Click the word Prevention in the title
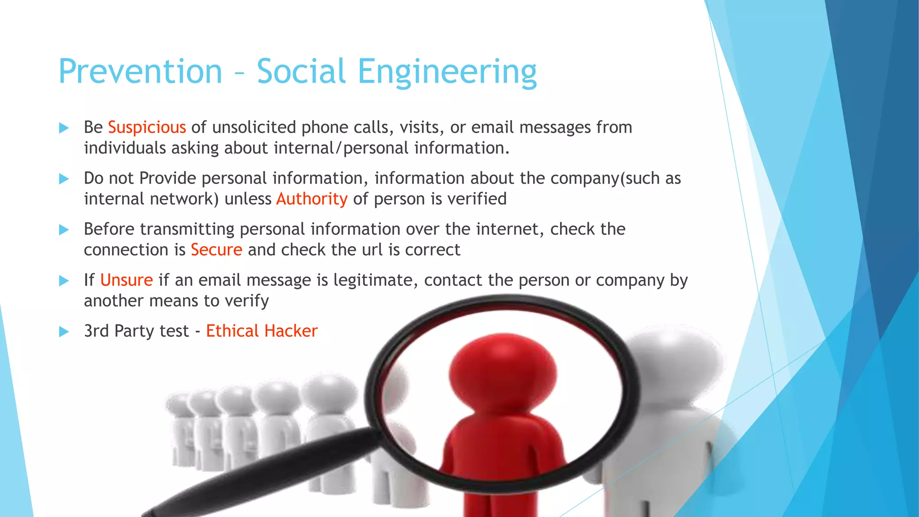pyautogui.click(x=140, y=71)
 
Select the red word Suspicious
pyautogui.click(x=147, y=127)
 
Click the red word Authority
pyautogui.click(x=311, y=199)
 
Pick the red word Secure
pyautogui.click(x=216, y=250)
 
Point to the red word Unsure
pyautogui.click(x=126, y=280)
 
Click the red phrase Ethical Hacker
pyautogui.click(x=262, y=331)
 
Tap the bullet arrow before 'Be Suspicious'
pyautogui.click(x=64, y=128)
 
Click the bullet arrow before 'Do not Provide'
pyautogui.click(x=64, y=179)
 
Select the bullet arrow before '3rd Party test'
pyautogui.click(x=64, y=332)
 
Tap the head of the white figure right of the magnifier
pyautogui.click(x=673, y=359)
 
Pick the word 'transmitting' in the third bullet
pyautogui.click(x=187, y=229)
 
